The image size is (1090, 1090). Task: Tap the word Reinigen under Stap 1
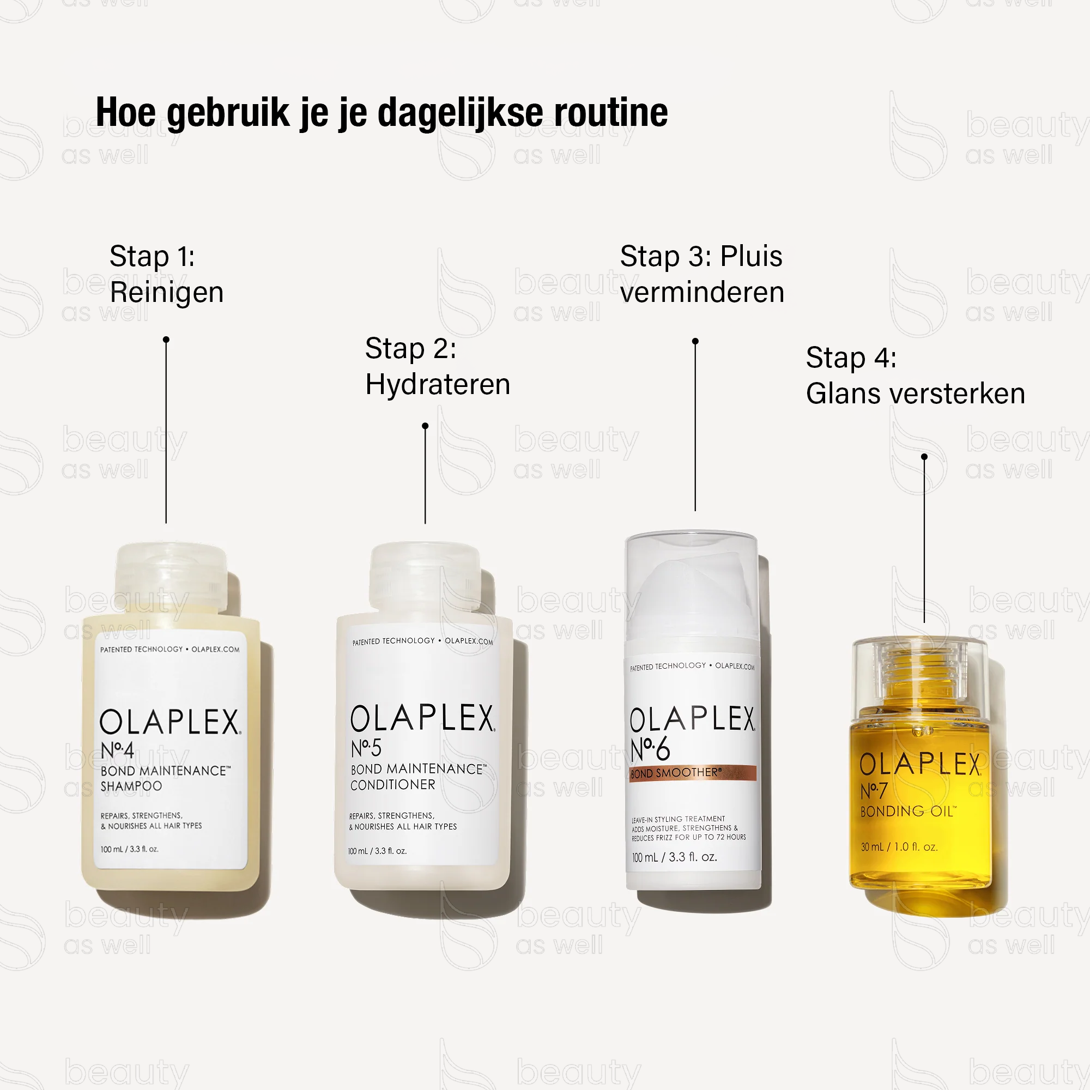coord(166,292)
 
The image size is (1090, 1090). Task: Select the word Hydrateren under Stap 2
coord(437,385)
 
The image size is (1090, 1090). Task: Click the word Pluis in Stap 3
coord(751,257)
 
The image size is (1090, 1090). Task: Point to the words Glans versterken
coord(915,394)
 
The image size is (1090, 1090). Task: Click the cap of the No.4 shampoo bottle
coord(171,576)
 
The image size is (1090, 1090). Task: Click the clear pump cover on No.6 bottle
coord(691,587)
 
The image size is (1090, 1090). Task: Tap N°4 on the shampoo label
coord(117,750)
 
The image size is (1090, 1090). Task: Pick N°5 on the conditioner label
coord(366,749)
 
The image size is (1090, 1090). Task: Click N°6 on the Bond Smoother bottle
coord(650,749)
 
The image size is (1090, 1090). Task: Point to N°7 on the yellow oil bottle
coord(874,790)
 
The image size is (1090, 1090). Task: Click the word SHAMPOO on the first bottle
coord(131,786)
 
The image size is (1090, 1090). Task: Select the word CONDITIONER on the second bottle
coord(392,785)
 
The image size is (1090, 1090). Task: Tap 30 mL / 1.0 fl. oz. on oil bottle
coord(899,847)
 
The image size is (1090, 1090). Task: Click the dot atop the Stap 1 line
coord(166,340)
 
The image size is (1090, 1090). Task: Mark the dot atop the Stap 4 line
coord(924,456)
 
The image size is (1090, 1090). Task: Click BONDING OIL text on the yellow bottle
coord(908,812)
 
